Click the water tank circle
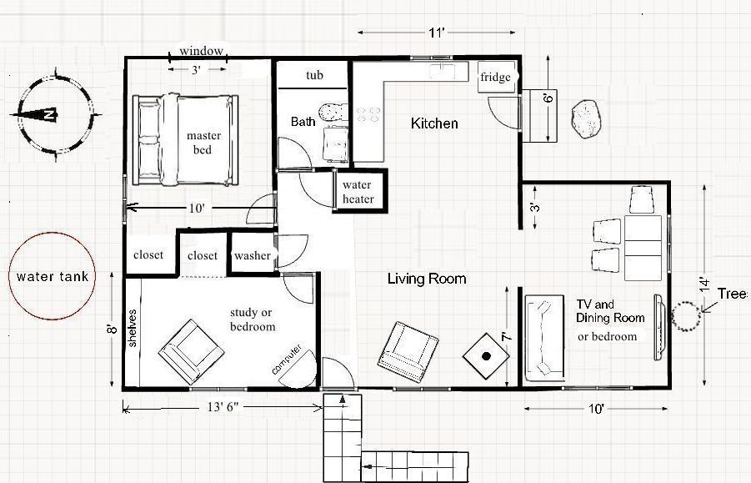click(x=53, y=234)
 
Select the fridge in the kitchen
click(x=496, y=77)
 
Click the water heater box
click(x=359, y=191)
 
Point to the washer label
click(x=252, y=255)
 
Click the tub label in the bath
click(x=315, y=75)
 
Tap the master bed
click(x=185, y=140)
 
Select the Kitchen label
click(x=434, y=123)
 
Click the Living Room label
click(x=427, y=279)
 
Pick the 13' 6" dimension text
click(x=223, y=407)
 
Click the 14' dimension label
click(x=704, y=283)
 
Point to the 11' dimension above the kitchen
click(x=436, y=33)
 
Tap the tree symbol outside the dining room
click(x=686, y=316)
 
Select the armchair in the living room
click(x=408, y=352)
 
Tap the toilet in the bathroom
click(x=333, y=112)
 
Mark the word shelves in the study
click(x=133, y=328)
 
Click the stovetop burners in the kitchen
click(x=368, y=114)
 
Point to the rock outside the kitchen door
click(x=585, y=118)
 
